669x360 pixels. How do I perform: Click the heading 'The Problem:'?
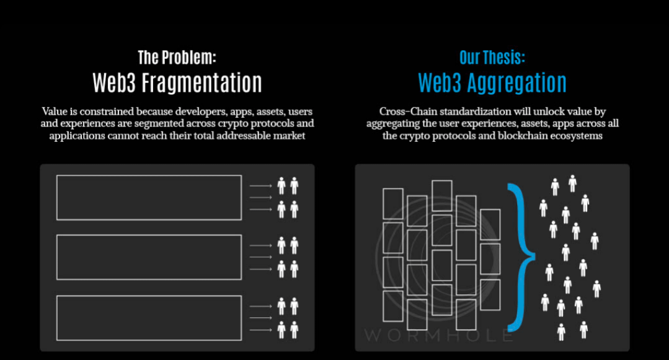177,58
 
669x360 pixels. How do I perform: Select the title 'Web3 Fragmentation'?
177,82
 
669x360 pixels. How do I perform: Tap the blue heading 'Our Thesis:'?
492,58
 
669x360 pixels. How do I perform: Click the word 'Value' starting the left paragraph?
54,112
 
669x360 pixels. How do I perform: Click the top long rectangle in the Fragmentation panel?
149,197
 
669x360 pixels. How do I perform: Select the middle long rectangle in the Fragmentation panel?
149,257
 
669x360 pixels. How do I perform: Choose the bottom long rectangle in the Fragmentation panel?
149,317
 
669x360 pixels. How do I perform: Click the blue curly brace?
520,256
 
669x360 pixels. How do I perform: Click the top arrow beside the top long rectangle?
260,185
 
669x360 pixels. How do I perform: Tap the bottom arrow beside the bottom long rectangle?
260,330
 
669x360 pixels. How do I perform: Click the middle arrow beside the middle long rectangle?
260,257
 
